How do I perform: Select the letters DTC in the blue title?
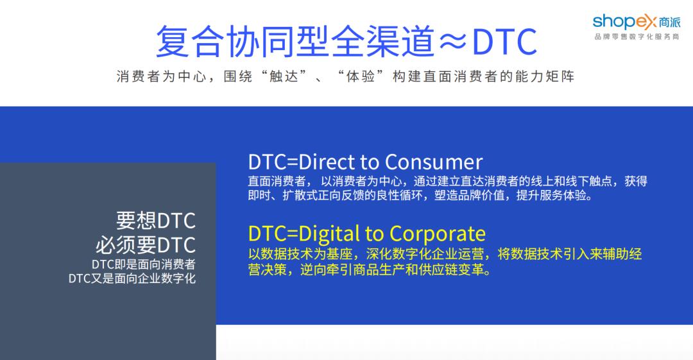(504, 42)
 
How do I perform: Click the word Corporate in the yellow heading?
(438, 233)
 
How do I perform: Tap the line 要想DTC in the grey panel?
(155, 221)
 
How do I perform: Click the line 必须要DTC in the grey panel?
(146, 245)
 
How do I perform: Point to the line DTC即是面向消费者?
(143, 264)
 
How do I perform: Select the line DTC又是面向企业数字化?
(132, 279)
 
